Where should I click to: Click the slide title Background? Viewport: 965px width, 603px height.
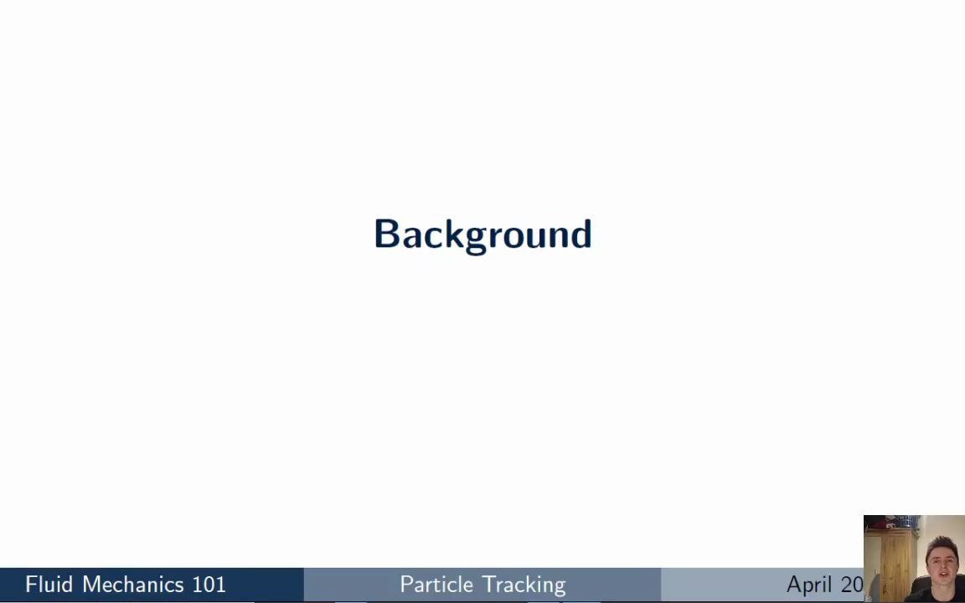[482, 234]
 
